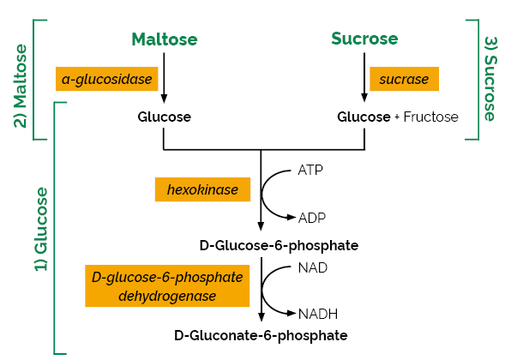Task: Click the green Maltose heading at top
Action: click(x=164, y=39)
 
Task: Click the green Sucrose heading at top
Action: click(x=364, y=39)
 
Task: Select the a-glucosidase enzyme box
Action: click(x=107, y=80)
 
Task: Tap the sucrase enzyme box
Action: click(x=404, y=80)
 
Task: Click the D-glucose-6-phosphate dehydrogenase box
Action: click(x=166, y=285)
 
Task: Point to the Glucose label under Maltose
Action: click(x=164, y=117)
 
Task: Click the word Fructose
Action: click(x=430, y=117)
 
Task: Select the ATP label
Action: click(x=311, y=170)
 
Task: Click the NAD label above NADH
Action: click(x=312, y=267)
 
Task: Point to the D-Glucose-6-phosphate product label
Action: click(x=279, y=245)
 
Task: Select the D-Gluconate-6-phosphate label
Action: click(x=261, y=335)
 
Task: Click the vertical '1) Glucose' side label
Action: click(x=39, y=229)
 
